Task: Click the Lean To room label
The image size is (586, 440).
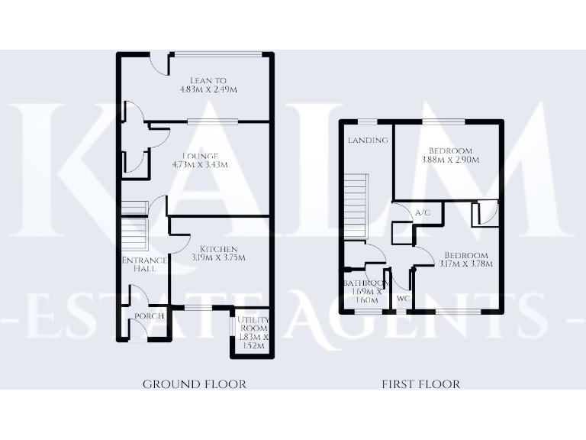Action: pos(208,79)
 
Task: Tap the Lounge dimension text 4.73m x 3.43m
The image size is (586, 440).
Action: pos(200,164)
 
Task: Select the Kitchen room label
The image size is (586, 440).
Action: pos(219,249)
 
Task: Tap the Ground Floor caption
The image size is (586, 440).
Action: pos(195,384)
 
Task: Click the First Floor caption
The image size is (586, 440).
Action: pos(420,384)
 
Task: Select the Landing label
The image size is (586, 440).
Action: pos(368,141)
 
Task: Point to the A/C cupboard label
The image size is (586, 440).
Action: pos(423,213)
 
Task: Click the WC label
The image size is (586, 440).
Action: pos(401,299)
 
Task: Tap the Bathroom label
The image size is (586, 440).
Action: pos(362,283)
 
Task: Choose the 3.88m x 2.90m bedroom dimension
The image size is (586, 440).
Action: pos(450,160)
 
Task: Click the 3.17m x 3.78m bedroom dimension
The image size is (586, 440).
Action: pos(465,264)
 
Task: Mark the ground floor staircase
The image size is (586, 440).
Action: pos(134,226)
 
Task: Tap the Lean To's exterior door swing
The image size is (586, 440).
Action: pos(159,64)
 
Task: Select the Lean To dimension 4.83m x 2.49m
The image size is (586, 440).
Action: pos(208,89)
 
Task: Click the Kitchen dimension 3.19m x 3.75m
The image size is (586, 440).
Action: pos(219,258)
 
